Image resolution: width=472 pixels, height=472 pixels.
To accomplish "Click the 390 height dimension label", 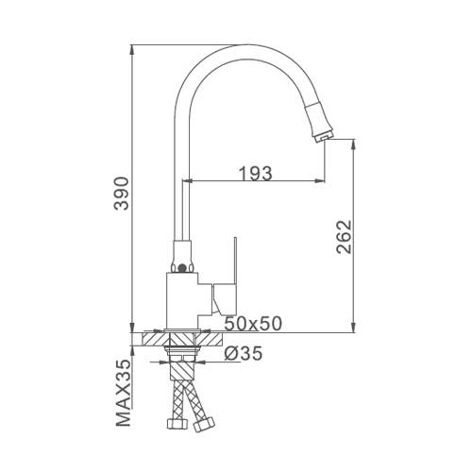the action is pyautogui.click(x=122, y=194).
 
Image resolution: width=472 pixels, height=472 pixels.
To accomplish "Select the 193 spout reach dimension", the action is pyautogui.click(x=256, y=174).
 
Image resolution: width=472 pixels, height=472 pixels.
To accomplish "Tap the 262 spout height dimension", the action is pyautogui.click(x=344, y=237).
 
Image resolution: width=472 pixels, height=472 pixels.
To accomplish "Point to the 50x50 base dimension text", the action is pyautogui.click(x=253, y=323).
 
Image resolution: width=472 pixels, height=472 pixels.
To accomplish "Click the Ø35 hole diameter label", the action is pyautogui.click(x=243, y=353).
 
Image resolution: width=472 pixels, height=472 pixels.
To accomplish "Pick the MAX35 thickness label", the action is pyautogui.click(x=123, y=393).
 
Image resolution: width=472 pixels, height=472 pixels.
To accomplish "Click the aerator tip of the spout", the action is pyautogui.click(x=324, y=138).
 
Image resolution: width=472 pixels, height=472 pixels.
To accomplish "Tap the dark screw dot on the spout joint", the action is pyautogui.click(x=181, y=268).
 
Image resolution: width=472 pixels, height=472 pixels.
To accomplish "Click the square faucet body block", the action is pyautogui.click(x=182, y=300).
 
